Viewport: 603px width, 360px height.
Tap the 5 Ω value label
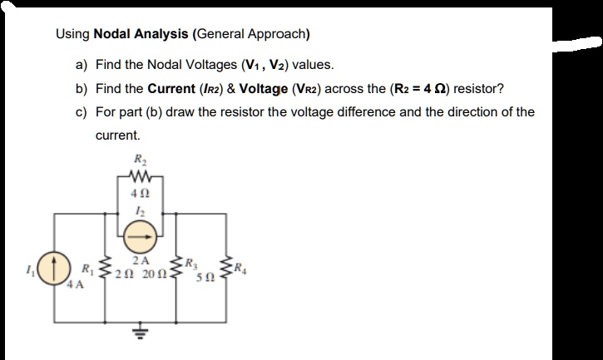click(203, 276)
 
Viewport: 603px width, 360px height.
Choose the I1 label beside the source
click(32, 268)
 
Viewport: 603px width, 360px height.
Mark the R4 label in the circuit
click(241, 268)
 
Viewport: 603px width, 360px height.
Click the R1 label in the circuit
click(87, 268)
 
